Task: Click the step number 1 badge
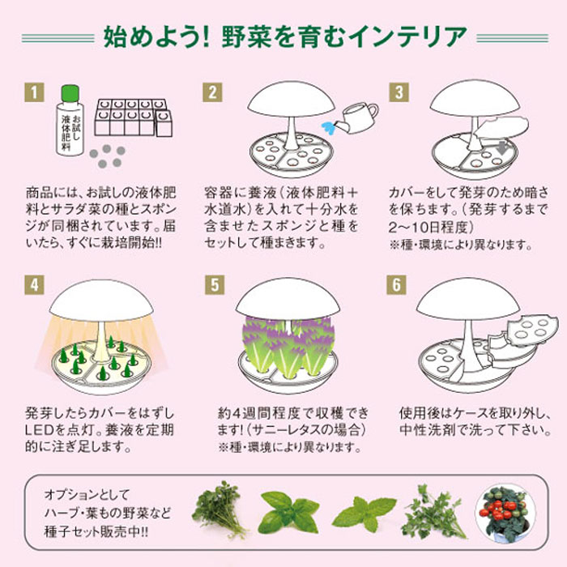[34, 92]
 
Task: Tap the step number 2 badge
[212, 92]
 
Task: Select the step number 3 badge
[399, 92]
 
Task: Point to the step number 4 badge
[34, 285]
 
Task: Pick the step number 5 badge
[215, 285]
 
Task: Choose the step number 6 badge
[396, 285]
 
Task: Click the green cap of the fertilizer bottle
[70, 93]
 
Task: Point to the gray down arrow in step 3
[502, 147]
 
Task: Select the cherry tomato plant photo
[501, 513]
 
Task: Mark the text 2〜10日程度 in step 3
[431, 227]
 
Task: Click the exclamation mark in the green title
[206, 37]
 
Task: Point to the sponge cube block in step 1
[134, 117]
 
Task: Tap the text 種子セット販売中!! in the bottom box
[96, 531]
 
